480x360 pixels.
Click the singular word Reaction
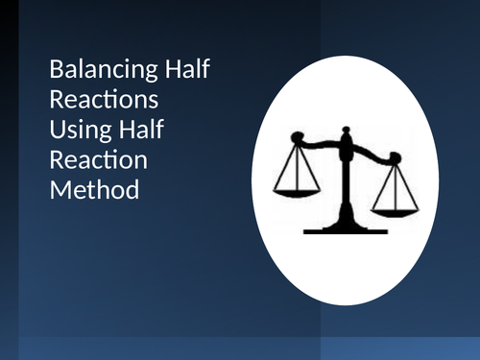[90, 160]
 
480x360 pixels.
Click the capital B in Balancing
[56, 71]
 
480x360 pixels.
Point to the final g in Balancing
[134, 75]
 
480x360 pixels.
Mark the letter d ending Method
[132, 190]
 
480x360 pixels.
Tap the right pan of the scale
[396, 208]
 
